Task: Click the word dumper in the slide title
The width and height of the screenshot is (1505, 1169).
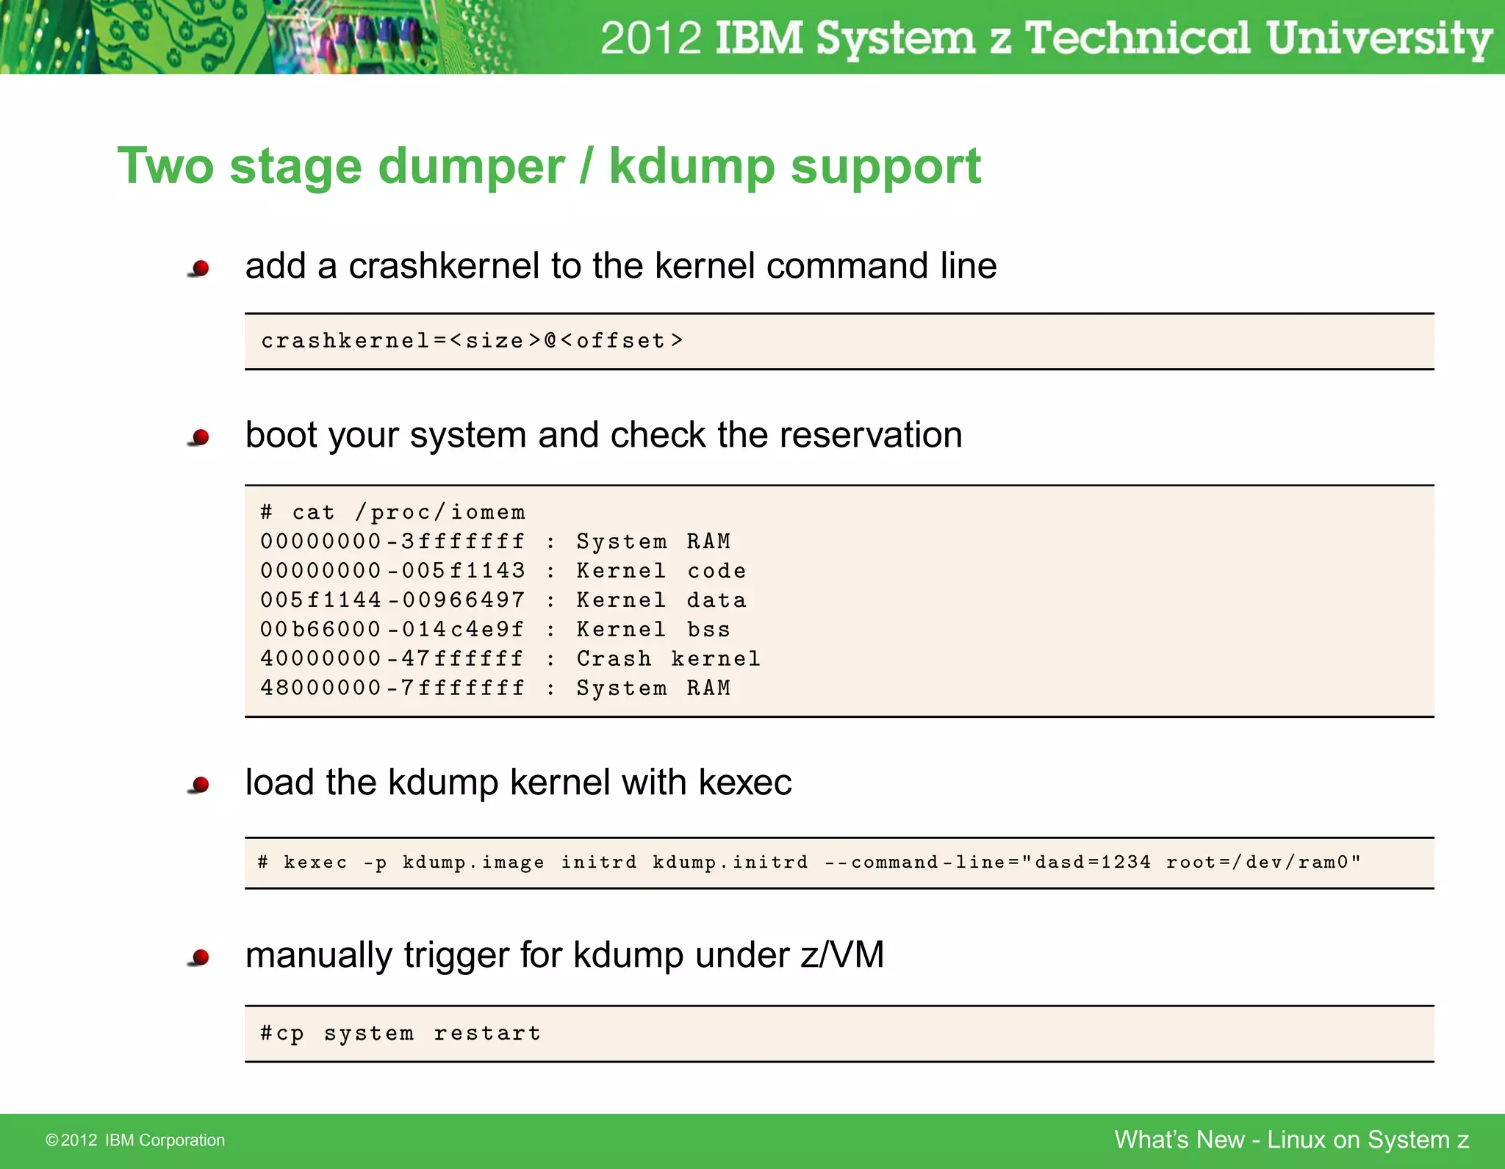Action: (x=471, y=167)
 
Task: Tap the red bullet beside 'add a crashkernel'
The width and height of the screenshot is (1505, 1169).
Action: (x=199, y=269)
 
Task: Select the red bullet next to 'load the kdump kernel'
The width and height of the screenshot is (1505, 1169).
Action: (x=199, y=785)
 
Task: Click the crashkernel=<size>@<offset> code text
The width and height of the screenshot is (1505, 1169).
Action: (x=472, y=341)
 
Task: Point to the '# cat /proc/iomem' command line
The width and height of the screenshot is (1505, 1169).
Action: (x=393, y=512)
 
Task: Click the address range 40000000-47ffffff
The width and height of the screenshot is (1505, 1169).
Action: (x=392, y=658)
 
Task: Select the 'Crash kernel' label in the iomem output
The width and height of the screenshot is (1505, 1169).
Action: (x=668, y=658)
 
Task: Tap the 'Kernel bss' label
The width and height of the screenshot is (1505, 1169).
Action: (x=653, y=629)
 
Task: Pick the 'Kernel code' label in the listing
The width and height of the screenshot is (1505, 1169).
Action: (x=661, y=571)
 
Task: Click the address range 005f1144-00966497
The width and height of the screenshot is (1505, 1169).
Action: (x=392, y=600)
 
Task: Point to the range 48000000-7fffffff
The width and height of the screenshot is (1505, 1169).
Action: (x=392, y=688)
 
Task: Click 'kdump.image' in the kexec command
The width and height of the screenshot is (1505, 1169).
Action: (x=473, y=863)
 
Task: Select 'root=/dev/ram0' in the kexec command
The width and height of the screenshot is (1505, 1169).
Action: (x=1262, y=863)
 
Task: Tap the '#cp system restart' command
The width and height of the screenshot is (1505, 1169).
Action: (x=401, y=1034)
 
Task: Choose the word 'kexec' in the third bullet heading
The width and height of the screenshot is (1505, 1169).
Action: (x=744, y=782)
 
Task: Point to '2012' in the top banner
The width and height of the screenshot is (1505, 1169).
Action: (x=650, y=38)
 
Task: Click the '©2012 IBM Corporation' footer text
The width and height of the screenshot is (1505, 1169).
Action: (x=135, y=1140)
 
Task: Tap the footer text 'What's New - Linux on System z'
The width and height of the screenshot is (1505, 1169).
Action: (x=1291, y=1140)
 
